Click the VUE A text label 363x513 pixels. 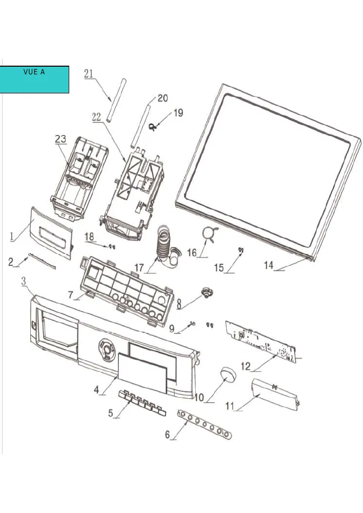(34, 72)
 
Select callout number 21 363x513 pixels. (89, 74)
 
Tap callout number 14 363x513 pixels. (269, 265)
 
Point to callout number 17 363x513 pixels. (139, 268)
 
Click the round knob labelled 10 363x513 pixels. (229, 374)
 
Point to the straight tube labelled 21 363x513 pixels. (115, 100)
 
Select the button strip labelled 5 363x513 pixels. (142, 403)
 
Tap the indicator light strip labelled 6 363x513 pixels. (205, 424)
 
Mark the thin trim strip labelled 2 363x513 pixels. (42, 261)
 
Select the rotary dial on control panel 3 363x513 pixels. (107, 349)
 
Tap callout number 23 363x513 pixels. (60, 139)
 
